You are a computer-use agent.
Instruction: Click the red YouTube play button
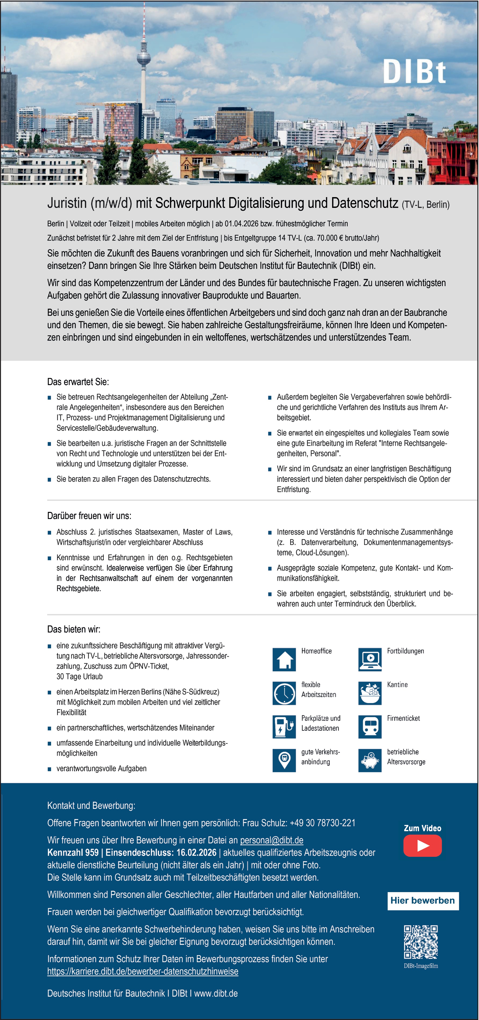point(422,845)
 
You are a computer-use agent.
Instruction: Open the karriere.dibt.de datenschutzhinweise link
point(143,971)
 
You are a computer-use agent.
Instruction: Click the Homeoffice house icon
point(284,659)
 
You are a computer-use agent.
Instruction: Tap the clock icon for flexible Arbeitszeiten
point(284,693)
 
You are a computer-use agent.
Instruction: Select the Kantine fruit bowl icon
point(370,693)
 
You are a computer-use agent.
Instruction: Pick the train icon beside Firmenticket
point(370,727)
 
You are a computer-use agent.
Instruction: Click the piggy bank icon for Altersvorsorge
point(370,760)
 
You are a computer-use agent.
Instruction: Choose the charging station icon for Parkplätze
point(284,727)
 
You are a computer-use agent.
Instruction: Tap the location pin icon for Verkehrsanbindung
point(284,760)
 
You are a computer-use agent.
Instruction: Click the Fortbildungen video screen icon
point(370,659)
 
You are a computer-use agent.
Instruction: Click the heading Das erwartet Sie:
point(78,382)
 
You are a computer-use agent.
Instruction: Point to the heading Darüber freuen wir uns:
point(89,516)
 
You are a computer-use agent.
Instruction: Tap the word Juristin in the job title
point(67,203)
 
